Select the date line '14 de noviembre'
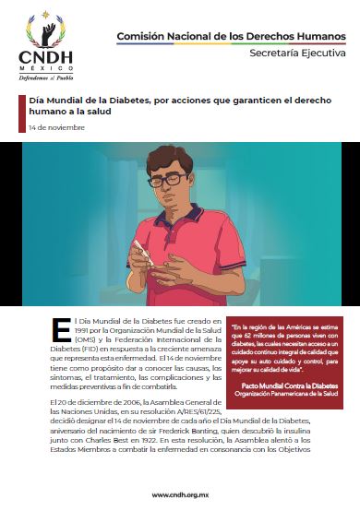(57, 127)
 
